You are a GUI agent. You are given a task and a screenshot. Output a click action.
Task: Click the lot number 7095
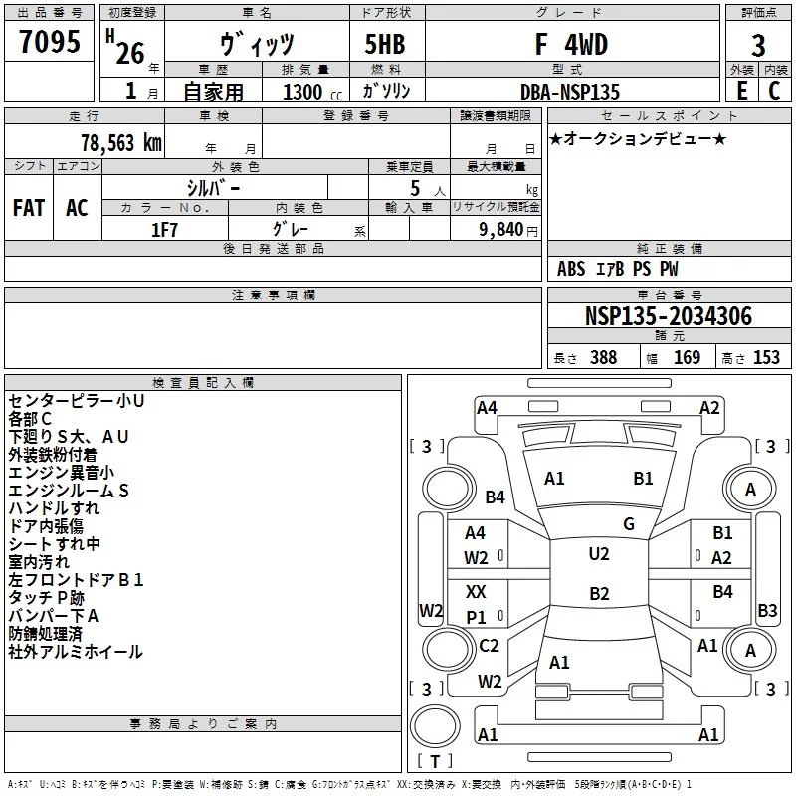(x=50, y=41)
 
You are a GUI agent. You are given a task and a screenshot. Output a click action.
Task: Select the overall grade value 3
(x=758, y=45)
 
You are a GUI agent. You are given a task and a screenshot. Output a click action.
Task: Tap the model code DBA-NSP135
(x=570, y=92)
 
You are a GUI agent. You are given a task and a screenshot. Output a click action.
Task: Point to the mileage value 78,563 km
(x=121, y=143)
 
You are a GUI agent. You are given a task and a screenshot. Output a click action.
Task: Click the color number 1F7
(x=164, y=230)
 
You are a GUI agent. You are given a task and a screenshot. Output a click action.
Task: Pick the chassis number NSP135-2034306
(x=669, y=316)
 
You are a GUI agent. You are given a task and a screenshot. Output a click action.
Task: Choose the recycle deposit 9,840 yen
(x=508, y=230)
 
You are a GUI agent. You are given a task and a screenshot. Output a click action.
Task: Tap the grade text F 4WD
(x=571, y=44)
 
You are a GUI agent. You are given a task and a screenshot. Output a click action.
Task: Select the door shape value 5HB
(x=385, y=44)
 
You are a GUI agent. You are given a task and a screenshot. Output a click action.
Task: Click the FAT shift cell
(x=29, y=208)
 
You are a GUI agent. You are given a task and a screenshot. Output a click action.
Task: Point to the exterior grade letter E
(x=742, y=91)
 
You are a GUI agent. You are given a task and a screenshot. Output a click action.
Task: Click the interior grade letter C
(x=774, y=91)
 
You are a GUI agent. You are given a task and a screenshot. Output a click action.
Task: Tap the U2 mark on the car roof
(x=599, y=554)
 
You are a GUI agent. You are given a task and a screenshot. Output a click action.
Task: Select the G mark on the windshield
(x=629, y=524)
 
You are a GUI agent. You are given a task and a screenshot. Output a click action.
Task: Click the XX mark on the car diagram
(x=476, y=591)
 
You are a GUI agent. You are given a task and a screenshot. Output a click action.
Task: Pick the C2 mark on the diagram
(x=489, y=645)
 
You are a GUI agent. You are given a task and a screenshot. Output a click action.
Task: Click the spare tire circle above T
(x=435, y=726)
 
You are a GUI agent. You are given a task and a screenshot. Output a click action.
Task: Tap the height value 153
(x=766, y=357)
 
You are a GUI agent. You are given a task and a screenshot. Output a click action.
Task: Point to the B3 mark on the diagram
(x=767, y=610)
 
